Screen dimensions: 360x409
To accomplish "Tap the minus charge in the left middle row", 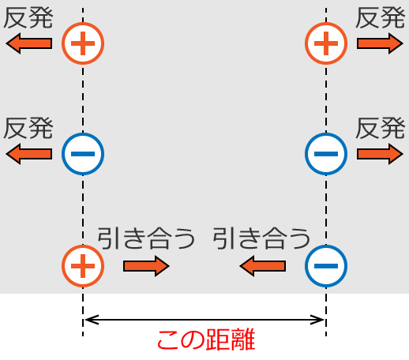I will pyautogui.click(x=83, y=153).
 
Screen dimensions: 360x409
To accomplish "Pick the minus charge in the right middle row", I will pyautogui.click(x=326, y=153).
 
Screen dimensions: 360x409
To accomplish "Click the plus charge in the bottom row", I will pyautogui.click(x=83, y=266).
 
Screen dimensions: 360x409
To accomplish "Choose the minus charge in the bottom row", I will pyautogui.click(x=326, y=266).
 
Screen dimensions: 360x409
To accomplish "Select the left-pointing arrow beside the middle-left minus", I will pyautogui.click(x=29, y=153).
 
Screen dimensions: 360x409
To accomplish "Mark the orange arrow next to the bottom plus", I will pyautogui.click(x=146, y=266).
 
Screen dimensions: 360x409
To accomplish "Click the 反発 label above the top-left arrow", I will pyautogui.click(x=28, y=18).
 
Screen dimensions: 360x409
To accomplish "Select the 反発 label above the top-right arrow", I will pyautogui.click(x=381, y=18).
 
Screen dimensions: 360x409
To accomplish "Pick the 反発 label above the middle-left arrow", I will pyautogui.click(x=28, y=127).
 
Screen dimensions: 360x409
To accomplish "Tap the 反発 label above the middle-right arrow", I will pyautogui.click(x=381, y=127).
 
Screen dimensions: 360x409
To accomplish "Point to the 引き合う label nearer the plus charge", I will pyautogui.click(x=146, y=238).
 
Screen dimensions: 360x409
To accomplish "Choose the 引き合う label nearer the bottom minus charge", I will pyautogui.click(x=261, y=238).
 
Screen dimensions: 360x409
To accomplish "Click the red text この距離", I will pyautogui.click(x=204, y=341).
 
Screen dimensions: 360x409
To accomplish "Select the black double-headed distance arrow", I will pyautogui.click(x=204, y=320).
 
